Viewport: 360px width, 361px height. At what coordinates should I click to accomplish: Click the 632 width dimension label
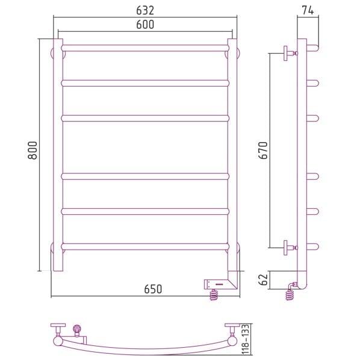[145, 10]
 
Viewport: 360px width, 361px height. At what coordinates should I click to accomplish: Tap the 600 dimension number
[145, 25]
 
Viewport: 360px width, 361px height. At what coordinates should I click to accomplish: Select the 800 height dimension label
[33, 150]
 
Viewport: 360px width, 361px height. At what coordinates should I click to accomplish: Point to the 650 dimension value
[153, 289]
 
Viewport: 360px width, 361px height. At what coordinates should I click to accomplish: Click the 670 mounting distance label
[264, 150]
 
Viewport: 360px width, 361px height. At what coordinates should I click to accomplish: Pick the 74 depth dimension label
[308, 10]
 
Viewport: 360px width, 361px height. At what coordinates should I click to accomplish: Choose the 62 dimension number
[264, 280]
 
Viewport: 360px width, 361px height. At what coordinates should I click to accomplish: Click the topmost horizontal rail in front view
[145, 48]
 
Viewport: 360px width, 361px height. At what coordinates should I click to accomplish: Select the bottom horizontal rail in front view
[145, 246]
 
